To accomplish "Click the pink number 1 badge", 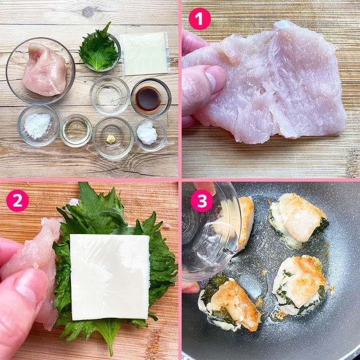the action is click(x=200, y=19).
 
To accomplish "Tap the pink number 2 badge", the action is click(x=17, y=201).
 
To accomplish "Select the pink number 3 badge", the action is click(x=202, y=201).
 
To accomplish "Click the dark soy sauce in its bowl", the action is click(x=148, y=99).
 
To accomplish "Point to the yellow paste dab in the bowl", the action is click(x=111, y=139).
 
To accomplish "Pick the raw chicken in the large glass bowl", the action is click(x=45, y=70).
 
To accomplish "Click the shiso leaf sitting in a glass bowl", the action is click(x=99, y=48).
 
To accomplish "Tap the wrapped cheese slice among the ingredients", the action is click(x=145, y=53).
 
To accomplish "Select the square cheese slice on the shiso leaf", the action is click(x=110, y=277).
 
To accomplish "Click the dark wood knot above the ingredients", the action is click(x=88, y=11).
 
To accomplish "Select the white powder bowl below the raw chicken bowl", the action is click(x=39, y=125).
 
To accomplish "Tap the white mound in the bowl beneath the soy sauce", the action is click(x=147, y=133).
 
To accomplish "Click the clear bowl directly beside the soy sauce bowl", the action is click(x=110, y=95).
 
